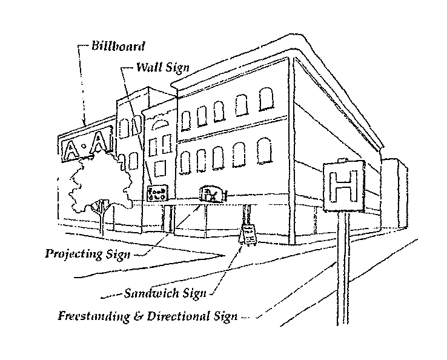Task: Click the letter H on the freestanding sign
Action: click(x=343, y=187)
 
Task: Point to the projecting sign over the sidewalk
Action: click(x=211, y=193)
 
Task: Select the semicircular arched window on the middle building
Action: click(x=161, y=125)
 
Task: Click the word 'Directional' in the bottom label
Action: click(x=173, y=316)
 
